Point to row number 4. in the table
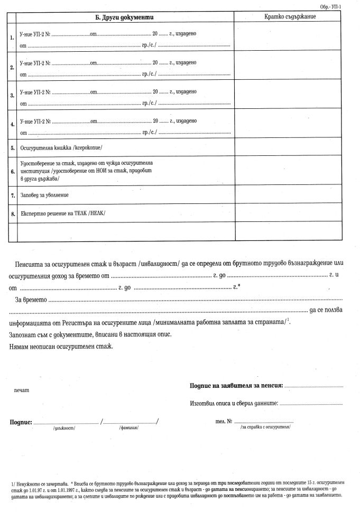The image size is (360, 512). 12,125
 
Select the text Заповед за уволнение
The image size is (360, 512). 44,196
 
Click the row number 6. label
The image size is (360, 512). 12,172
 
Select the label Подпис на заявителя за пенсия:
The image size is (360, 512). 236,386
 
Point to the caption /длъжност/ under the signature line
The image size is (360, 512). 64,429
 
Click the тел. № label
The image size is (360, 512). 224,422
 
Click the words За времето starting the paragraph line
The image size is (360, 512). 32,300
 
